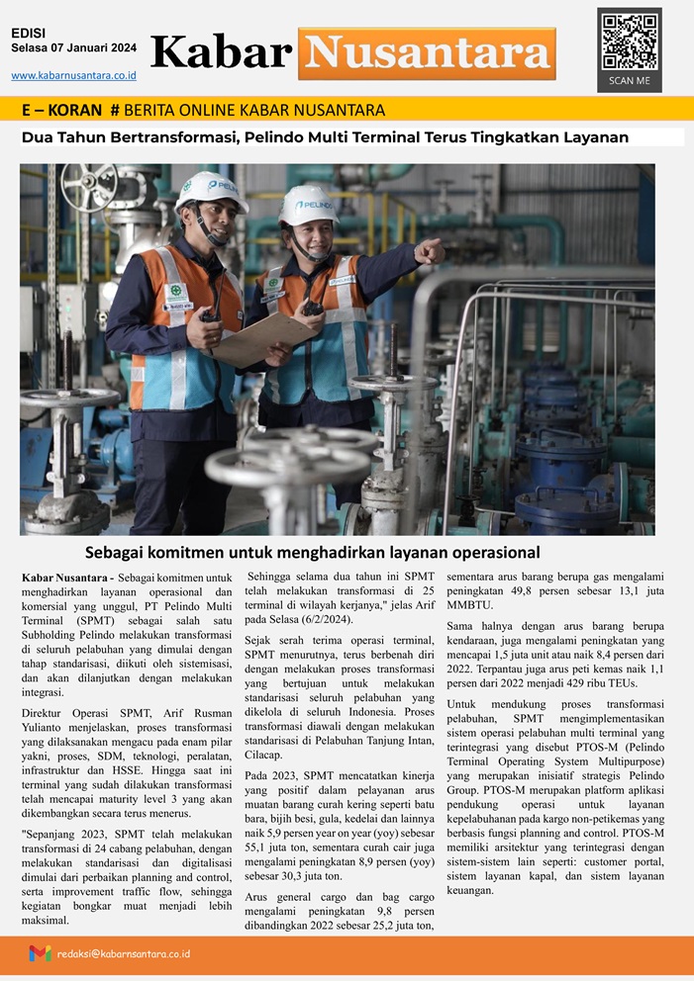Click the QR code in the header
(630, 40)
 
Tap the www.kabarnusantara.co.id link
(73, 75)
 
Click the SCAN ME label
(629, 80)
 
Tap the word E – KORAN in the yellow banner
(60, 110)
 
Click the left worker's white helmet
(210, 190)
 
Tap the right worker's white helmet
(308, 204)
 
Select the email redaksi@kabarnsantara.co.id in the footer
(124, 954)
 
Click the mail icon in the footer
(40, 954)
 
